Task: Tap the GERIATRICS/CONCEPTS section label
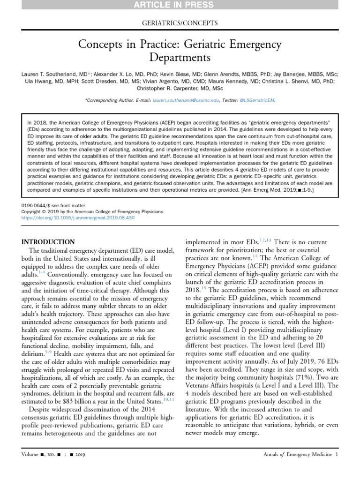coord(180,23)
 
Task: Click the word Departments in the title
coord(180,58)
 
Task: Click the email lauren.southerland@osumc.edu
coord(180,100)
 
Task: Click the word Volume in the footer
coord(32,455)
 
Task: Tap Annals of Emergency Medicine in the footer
coord(298,454)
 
